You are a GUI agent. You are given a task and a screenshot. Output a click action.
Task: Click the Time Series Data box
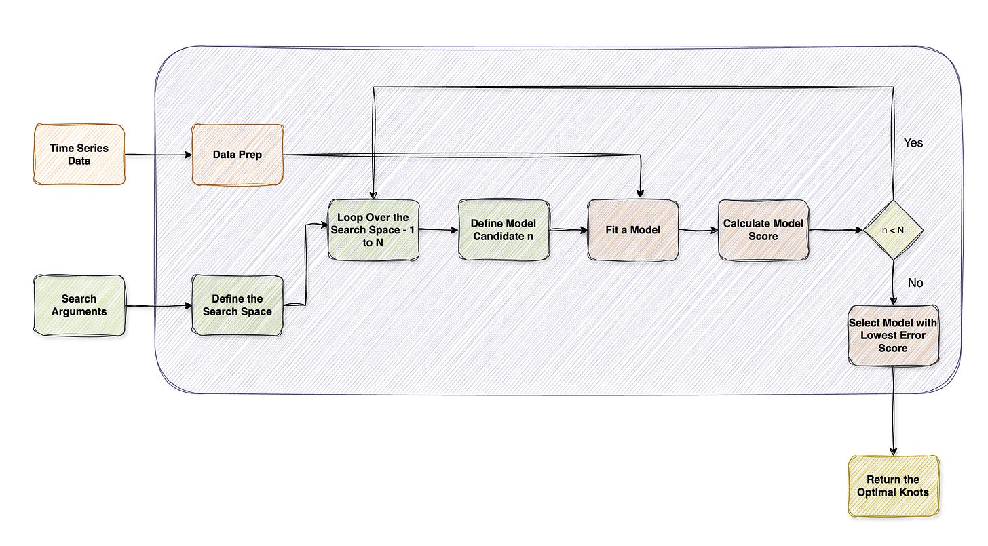click(x=79, y=154)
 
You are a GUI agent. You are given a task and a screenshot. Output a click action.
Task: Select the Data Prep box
click(x=237, y=154)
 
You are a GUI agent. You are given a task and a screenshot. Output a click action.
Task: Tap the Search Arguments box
click(x=79, y=305)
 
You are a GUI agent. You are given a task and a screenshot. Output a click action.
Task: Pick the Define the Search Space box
click(x=237, y=305)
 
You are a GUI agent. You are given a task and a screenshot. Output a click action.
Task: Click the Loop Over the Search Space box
click(x=373, y=230)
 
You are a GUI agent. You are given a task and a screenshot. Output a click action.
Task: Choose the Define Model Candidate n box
click(x=503, y=230)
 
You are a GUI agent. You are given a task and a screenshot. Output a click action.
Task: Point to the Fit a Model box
click(x=632, y=230)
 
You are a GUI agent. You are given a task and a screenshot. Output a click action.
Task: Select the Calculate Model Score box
click(x=763, y=230)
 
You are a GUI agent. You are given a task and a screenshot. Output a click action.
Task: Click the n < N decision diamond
click(x=892, y=230)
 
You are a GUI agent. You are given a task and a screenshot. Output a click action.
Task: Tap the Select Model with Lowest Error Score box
click(x=893, y=335)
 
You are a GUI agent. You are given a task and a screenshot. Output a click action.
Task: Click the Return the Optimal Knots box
click(x=893, y=486)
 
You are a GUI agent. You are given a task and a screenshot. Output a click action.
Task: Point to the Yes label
click(x=913, y=143)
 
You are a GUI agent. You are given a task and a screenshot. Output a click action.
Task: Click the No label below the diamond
click(x=915, y=283)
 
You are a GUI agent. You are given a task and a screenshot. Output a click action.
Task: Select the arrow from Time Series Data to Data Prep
click(x=158, y=155)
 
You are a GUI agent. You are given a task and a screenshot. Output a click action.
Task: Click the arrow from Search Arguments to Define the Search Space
click(x=158, y=306)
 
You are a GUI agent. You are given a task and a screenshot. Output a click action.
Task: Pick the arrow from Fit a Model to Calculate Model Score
click(x=698, y=231)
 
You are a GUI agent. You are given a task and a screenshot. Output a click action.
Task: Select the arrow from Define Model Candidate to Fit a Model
click(x=568, y=231)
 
